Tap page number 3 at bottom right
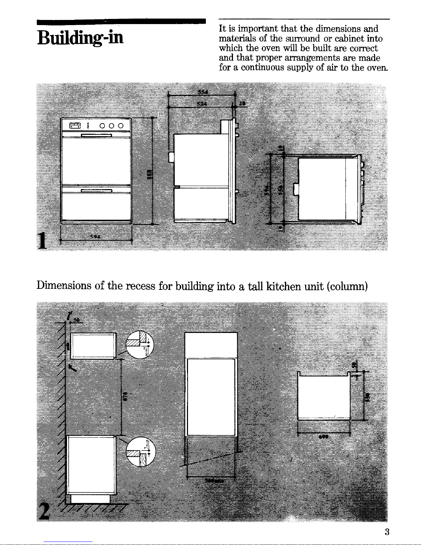click(387, 532)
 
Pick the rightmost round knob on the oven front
click(120, 126)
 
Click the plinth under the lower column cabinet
click(90, 499)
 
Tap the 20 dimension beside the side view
click(242, 103)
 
